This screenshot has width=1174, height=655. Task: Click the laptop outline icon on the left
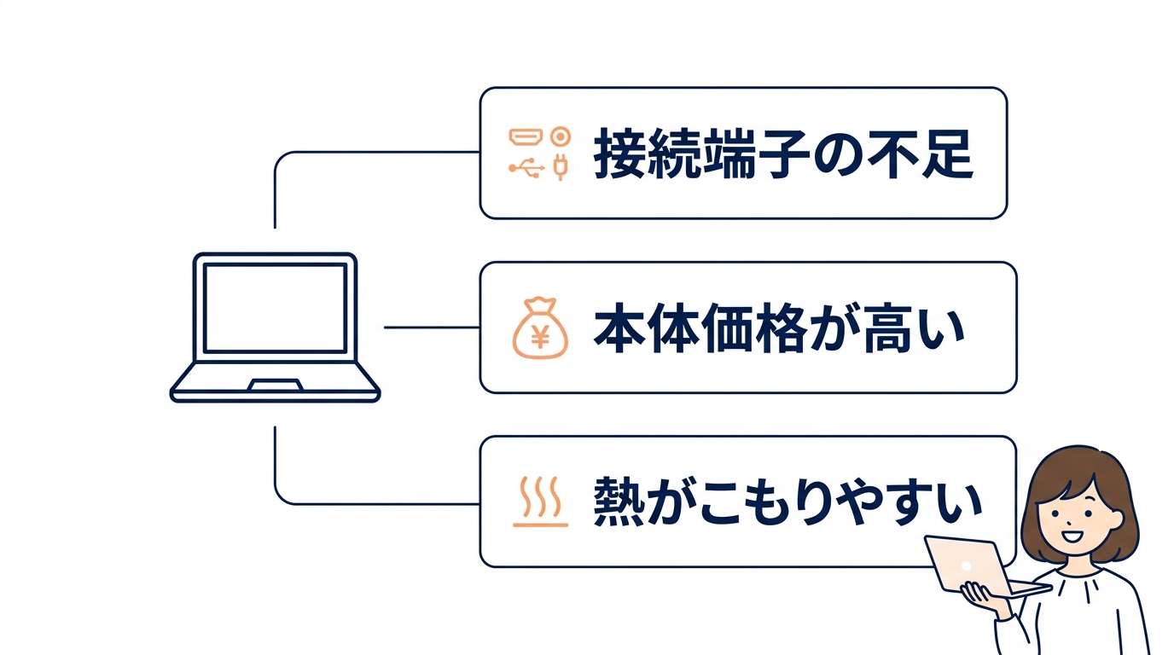tap(275, 327)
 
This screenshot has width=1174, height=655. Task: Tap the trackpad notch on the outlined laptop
tap(275, 385)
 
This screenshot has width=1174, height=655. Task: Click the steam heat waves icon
tap(540, 501)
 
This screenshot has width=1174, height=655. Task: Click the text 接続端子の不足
tap(782, 154)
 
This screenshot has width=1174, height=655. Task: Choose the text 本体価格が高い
tap(778, 329)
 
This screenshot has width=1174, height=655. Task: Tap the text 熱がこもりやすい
tap(787, 502)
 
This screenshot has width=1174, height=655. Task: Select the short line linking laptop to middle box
tap(432, 327)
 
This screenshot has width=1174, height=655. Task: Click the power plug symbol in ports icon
tap(560, 168)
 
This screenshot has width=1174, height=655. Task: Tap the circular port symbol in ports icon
tap(560, 136)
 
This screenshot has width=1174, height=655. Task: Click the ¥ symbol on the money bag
tap(539, 337)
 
